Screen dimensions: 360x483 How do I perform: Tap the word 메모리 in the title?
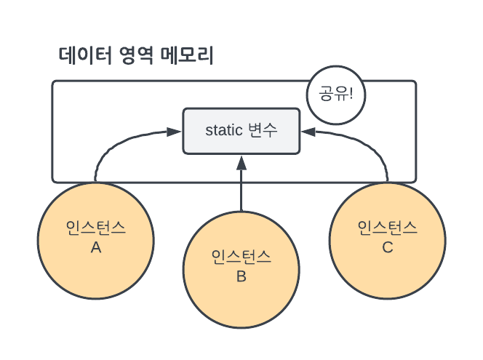click(x=191, y=56)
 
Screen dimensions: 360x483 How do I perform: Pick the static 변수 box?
click(x=241, y=132)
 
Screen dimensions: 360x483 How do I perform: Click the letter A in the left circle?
click(x=95, y=247)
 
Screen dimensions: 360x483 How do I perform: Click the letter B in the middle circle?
click(x=241, y=276)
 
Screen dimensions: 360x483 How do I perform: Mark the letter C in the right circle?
click(x=387, y=247)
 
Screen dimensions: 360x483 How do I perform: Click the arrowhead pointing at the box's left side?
click(x=174, y=132)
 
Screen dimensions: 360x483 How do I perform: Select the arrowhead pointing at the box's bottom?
click(x=241, y=161)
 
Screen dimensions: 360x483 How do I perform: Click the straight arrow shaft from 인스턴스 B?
click(x=241, y=189)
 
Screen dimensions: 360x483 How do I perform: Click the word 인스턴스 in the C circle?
click(x=387, y=228)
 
